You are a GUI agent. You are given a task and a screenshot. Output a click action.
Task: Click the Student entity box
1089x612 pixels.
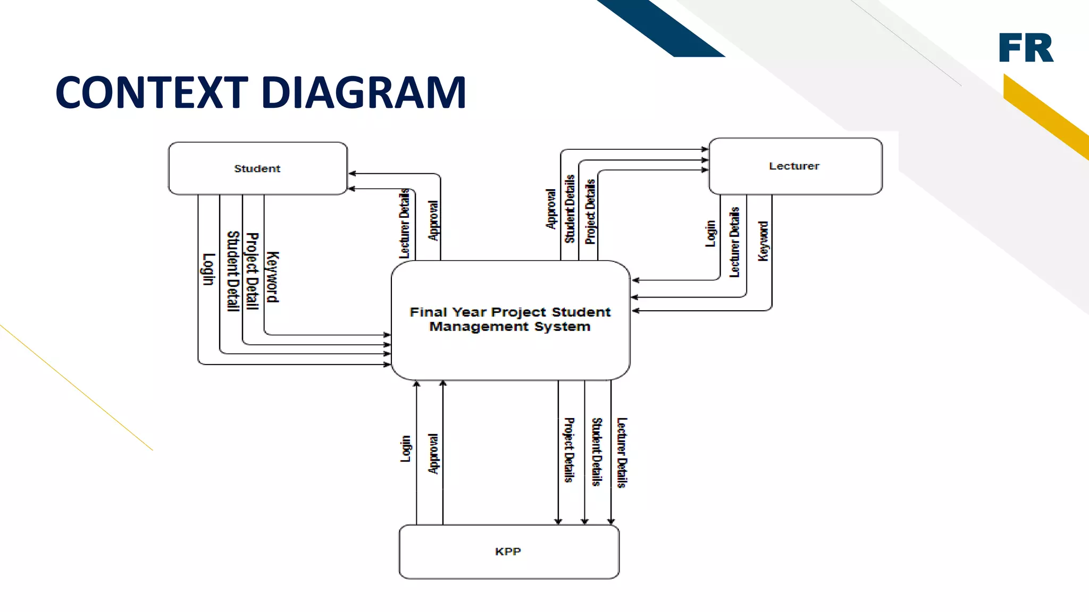tap(257, 168)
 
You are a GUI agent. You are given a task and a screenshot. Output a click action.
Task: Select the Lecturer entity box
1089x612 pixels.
tap(794, 166)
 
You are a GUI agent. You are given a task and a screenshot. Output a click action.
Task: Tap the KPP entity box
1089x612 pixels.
tap(508, 551)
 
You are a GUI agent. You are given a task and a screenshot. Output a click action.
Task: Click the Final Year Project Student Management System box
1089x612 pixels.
tap(510, 319)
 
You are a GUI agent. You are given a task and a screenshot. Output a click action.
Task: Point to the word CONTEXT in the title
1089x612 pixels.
tap(152, 92)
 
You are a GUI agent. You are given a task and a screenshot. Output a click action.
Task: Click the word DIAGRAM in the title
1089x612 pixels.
tap(364, 92)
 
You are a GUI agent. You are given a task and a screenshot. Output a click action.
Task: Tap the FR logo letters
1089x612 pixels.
tap(1026, 48)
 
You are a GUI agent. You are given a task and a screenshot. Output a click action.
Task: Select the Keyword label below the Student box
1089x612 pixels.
tap(272, 277)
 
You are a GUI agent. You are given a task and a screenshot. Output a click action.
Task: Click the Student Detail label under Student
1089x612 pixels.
tap(233, 271)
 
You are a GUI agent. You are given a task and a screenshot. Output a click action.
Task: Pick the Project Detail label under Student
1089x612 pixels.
tap(252, 271)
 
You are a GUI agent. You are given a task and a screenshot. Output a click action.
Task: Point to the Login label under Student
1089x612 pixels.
tap(208, 269)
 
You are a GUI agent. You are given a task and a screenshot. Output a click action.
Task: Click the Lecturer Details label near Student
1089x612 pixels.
tap(405, 223)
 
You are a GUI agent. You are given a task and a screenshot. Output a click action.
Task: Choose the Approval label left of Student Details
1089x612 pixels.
tap(551, 209)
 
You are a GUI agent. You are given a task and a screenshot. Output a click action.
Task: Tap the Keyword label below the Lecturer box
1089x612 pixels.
tap(763, 241)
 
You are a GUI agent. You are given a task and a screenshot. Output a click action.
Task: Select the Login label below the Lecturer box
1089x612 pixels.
tap(710, 234)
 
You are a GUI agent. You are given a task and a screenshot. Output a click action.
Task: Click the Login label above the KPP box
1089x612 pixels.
tap(406, 448)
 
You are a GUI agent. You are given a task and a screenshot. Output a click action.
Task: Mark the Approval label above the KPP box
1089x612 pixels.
tap(434, 454)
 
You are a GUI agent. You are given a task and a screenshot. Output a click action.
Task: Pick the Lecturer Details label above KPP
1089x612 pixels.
tap(622, 453)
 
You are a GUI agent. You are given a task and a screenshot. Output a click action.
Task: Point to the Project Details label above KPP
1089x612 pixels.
tap(569, 450)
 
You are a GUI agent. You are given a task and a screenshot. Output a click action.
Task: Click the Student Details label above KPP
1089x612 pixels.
tap(597, 452)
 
